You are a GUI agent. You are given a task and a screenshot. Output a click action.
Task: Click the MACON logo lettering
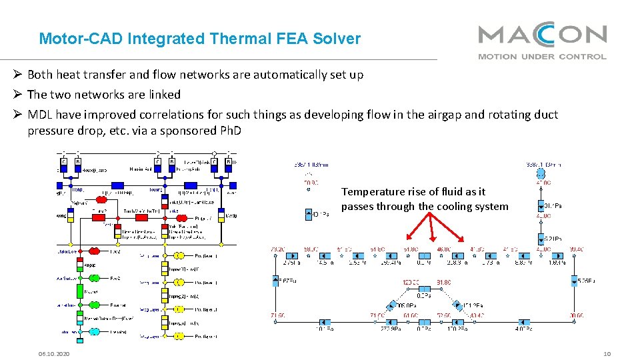point(541,35)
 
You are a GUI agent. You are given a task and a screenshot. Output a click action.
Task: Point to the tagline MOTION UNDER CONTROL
point(541,57)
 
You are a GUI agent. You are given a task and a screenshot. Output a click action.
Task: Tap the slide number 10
point(607,353)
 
